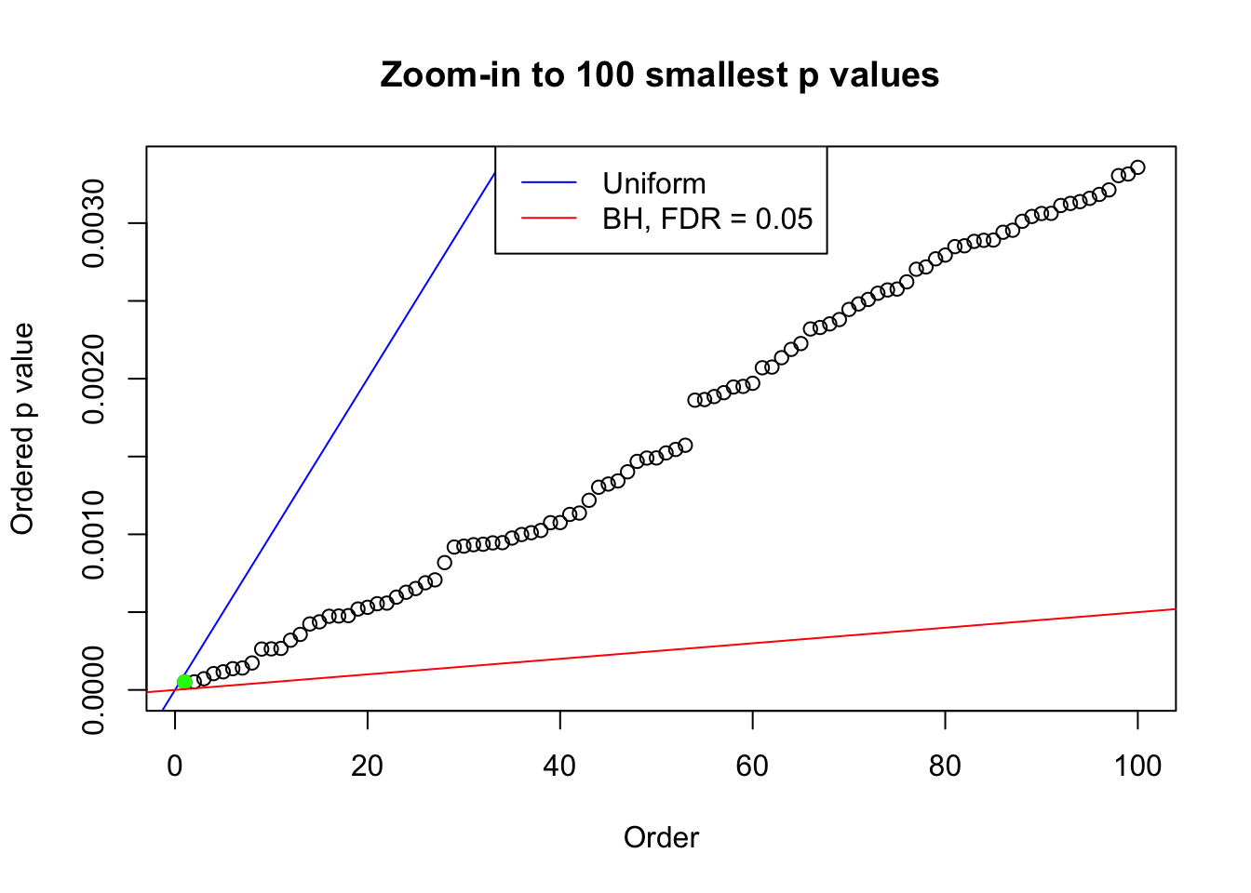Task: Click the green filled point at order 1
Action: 184,682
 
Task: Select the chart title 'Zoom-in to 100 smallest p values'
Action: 659,75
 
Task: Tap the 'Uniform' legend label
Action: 653,183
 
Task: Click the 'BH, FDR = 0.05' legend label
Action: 707,219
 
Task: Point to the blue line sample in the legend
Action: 548,183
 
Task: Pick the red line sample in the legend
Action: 548,219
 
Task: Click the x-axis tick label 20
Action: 368,766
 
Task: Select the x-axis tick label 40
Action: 560,766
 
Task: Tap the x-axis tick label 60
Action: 752,766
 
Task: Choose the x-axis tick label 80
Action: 945,766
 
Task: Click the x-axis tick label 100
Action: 1137,766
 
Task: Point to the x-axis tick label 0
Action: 175,766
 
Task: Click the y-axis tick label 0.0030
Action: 93,223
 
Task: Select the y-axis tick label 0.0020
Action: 93,379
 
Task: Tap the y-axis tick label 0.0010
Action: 93,534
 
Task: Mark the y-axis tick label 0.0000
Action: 93,689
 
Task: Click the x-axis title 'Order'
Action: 661,838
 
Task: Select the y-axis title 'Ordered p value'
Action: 22,429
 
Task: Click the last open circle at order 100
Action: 1137,167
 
